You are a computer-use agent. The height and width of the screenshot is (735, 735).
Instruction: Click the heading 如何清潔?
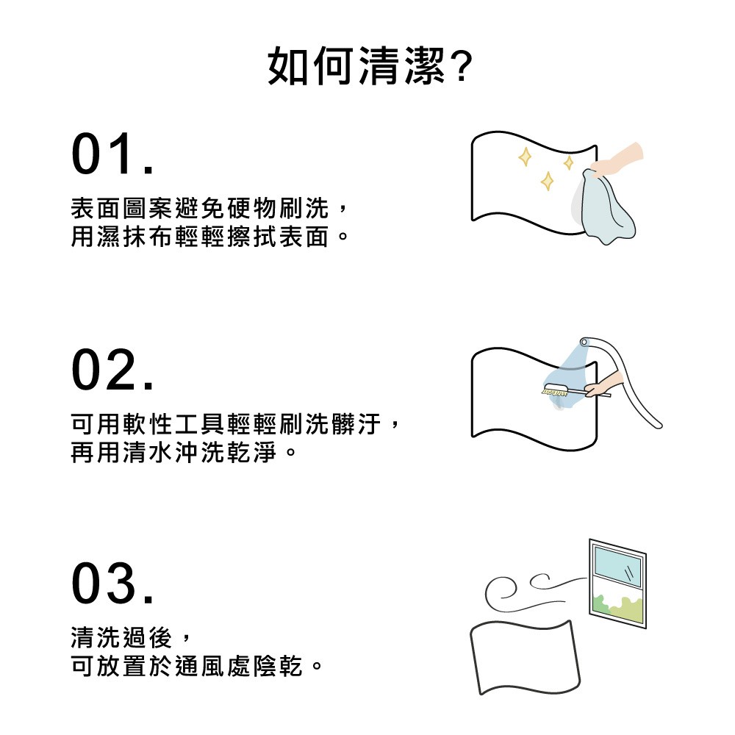[x=370, y=66]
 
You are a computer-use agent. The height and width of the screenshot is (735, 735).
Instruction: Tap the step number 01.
[x=112, y=154]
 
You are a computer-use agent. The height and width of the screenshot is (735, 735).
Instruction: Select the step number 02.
[x=112, y=370]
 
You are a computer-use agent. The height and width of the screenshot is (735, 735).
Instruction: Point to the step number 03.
[x=112, y=583]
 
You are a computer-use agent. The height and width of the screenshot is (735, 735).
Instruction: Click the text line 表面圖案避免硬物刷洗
[x=209, y=209]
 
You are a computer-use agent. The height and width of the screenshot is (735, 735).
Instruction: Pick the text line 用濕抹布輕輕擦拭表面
[x=209, y=236]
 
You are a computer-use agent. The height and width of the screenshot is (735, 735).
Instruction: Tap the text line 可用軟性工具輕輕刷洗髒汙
[x=235, y=424]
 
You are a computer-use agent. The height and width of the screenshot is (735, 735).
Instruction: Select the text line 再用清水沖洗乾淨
[x=183, y=452]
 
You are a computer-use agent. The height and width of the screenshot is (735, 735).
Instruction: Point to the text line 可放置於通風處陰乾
[x=196, y=666]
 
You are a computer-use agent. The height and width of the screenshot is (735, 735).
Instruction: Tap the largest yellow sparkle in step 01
[x=547, y=181]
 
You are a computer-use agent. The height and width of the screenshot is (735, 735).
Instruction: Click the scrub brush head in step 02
[x=556, y=390]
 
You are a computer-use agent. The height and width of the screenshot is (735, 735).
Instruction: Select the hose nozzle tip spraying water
[x=584, y=343]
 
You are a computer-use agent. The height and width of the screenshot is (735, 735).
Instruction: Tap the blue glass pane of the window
[x=617, y=566]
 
